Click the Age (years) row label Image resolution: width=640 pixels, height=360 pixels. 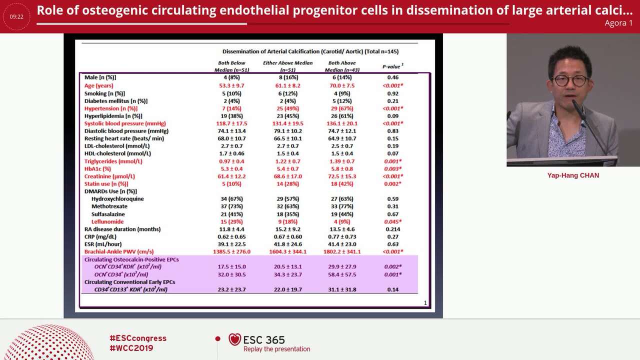click(98, 85)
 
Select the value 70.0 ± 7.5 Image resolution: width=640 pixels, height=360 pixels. click(341, 85)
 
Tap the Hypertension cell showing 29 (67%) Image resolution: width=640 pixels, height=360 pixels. click(341, 108)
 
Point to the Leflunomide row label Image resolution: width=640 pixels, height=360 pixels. click(107, 221)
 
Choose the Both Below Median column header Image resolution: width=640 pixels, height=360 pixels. click(231, 66)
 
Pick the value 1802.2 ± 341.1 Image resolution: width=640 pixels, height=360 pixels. click(341, 251)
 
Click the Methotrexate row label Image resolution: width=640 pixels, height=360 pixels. click(109, 206)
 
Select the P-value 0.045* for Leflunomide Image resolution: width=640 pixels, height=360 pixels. click(392, 221)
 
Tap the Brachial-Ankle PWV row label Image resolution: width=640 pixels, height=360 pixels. click(119, 251)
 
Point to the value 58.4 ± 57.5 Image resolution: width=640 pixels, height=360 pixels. click(341, 274)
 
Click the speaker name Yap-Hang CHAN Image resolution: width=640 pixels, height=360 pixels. click(573, 175)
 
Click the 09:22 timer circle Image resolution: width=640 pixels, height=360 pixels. click(16, 16)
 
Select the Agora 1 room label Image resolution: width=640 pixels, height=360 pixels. click(618, 23)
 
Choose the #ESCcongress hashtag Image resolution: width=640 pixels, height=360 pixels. click(138, 338)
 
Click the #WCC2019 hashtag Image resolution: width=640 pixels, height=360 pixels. click(131, 348)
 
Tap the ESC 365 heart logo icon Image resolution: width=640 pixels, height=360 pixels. click(234, 339)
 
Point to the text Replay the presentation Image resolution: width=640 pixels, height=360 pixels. click(276, 349)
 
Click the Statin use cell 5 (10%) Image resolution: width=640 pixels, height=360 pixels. click(231, 184)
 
